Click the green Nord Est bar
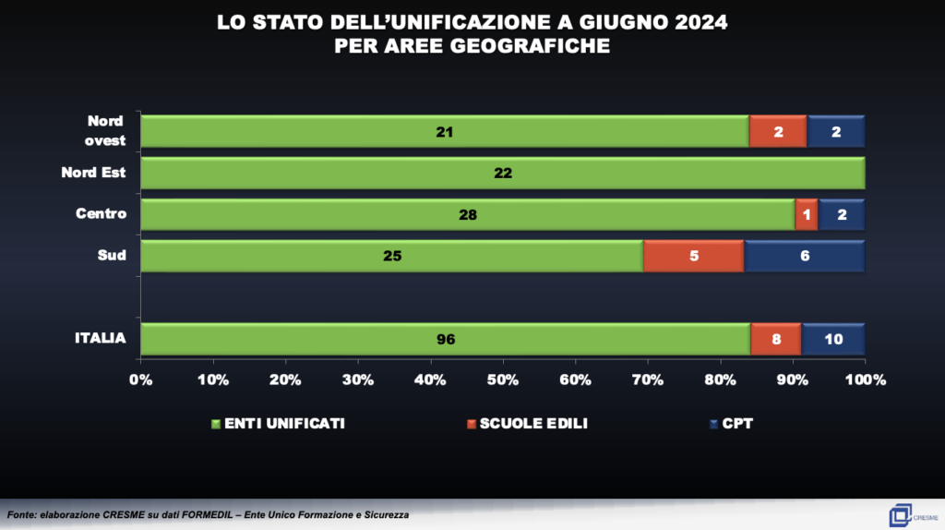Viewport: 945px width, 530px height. (503, 173)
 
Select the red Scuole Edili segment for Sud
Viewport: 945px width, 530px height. (693, 256)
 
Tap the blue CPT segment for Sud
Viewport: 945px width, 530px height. (804, 256)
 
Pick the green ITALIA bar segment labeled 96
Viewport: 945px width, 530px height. (446, 339)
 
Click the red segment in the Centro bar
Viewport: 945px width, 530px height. (806, 214)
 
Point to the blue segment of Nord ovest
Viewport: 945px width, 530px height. (836, 131)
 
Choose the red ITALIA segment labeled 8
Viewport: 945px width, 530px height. (776, 339)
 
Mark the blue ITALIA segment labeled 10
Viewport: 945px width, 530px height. (833, 339)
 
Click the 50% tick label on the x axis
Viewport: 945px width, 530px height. (503, 379)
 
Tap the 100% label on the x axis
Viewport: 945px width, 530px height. (865, 379)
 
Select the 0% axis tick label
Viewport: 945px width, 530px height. (140, 379)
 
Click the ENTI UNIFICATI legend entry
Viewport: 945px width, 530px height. (279, 424)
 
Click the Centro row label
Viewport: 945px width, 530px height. (101, 214)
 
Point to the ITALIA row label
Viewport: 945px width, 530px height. (100, 339)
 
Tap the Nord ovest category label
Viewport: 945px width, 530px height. (105, 131)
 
